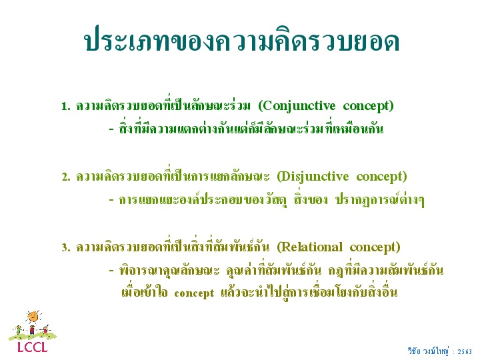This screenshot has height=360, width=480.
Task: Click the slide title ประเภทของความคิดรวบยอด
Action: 242,41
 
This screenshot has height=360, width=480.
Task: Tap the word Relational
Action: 311,247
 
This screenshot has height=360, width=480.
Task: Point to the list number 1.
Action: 65,107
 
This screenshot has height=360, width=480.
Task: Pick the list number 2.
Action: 66,177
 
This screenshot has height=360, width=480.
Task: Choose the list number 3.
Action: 66,247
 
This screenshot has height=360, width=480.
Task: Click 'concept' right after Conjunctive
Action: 366,107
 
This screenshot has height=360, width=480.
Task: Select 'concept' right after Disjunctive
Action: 379,177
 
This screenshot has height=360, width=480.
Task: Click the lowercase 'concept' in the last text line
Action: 194,293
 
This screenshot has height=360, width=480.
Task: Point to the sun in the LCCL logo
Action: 33,317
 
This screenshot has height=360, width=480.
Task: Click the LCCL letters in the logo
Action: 33,347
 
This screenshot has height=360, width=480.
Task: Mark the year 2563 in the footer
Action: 465,352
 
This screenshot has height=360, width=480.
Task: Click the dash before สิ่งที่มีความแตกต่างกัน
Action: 111,129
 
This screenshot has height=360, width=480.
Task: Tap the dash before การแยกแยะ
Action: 111,200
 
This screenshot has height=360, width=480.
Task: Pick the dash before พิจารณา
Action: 111,271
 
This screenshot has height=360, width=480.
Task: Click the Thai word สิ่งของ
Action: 311,199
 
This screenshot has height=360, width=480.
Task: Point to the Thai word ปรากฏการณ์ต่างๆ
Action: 380,200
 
